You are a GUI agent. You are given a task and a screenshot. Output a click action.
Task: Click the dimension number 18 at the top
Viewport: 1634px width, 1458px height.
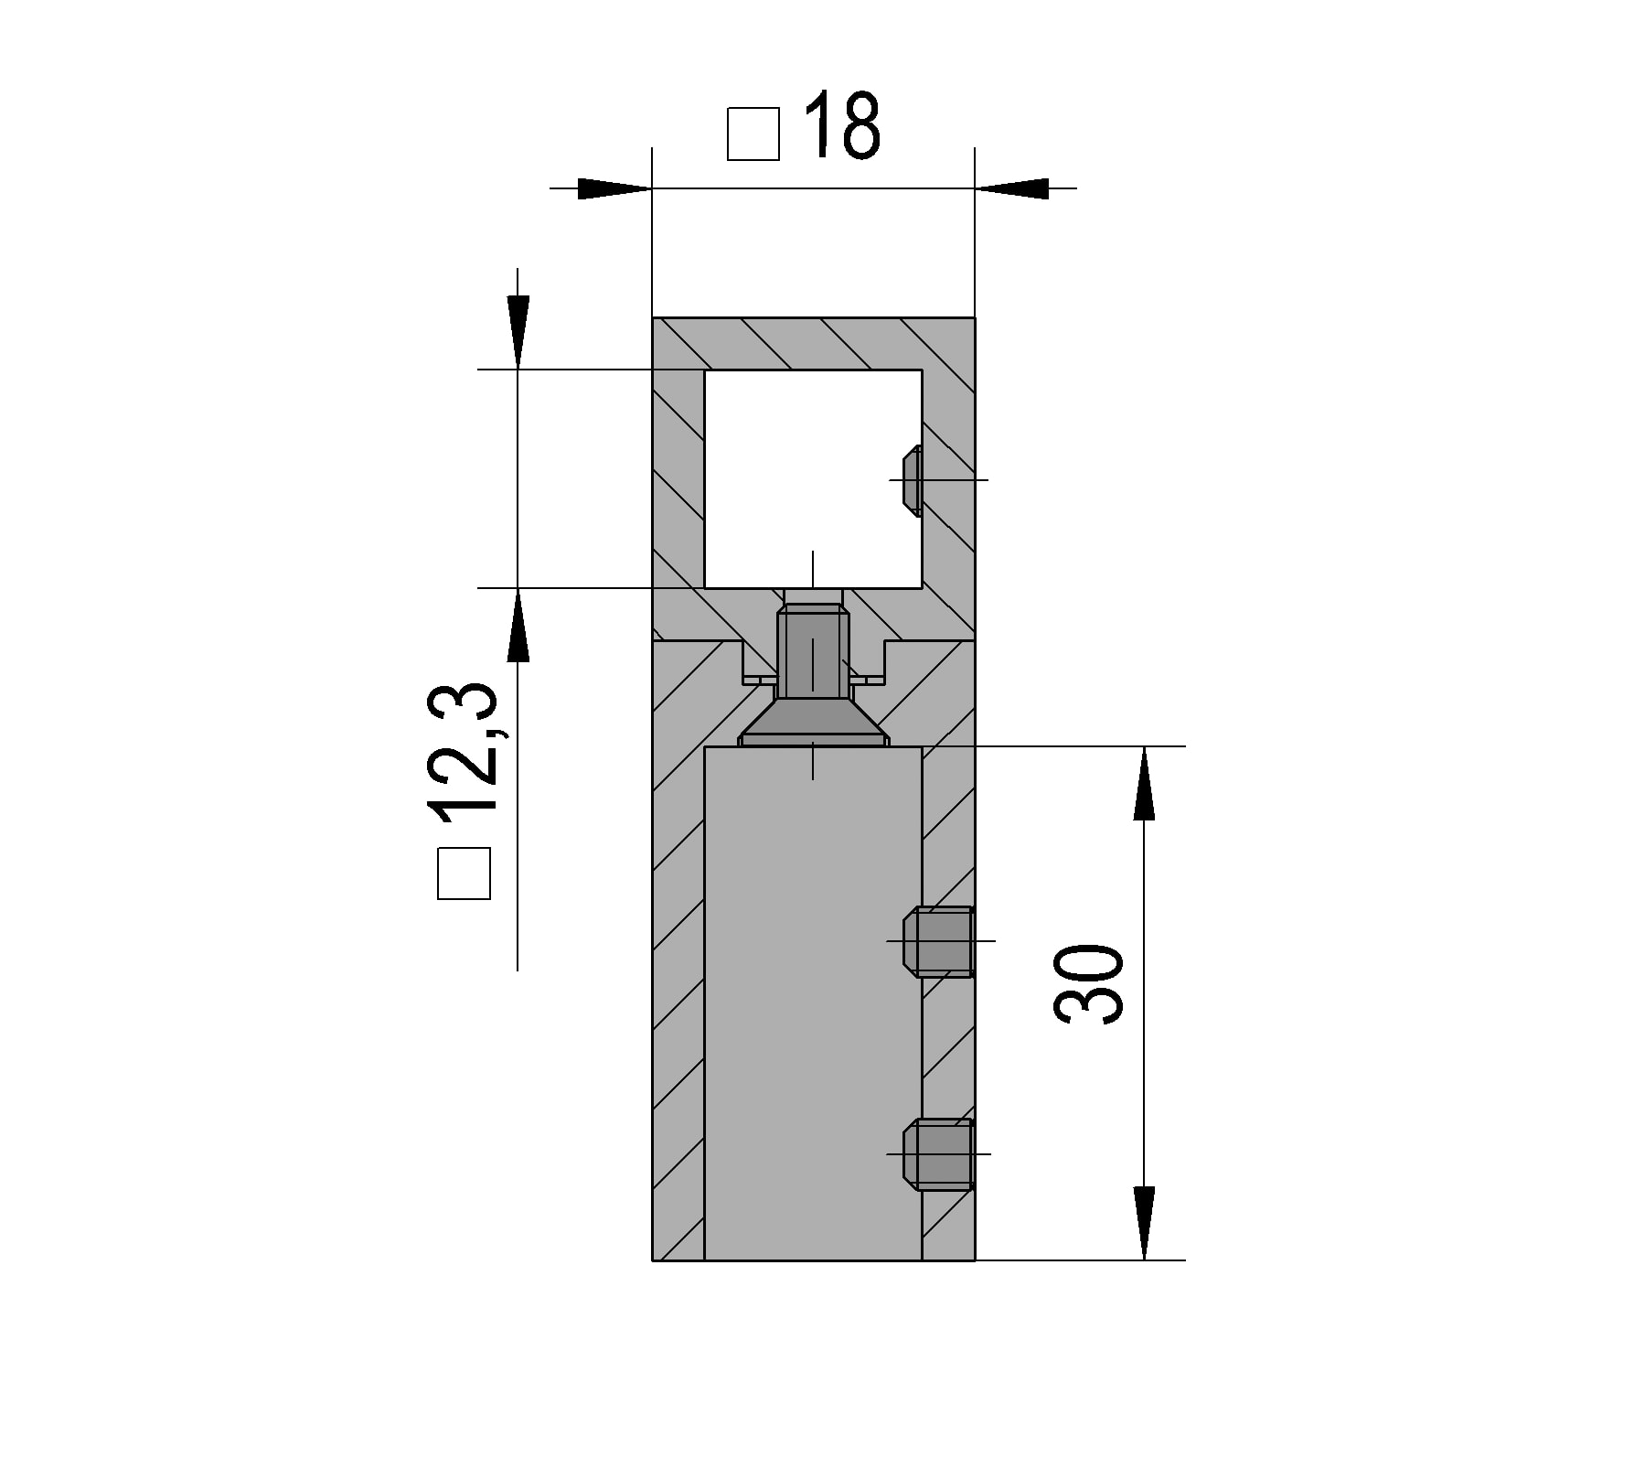coord(842,125)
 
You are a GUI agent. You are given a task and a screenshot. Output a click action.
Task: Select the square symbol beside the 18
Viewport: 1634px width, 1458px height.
coord(753,134)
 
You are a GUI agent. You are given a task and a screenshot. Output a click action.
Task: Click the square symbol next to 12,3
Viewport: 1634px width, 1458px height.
coord(465,874)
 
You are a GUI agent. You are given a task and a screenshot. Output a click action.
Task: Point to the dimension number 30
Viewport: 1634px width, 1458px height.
coord(1089,984)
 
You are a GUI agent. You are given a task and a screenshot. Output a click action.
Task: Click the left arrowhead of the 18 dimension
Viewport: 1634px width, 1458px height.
coord(613,188)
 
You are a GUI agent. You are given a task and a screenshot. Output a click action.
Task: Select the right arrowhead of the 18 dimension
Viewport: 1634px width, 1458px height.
coord(1013,188)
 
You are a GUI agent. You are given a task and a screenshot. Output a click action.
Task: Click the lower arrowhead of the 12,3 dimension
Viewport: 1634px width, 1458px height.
coord(518,626)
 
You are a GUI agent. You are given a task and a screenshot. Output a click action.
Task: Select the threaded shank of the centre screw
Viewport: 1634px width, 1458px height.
coord(813,654)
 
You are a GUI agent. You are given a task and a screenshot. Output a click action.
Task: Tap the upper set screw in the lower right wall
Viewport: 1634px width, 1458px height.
coord(939,941)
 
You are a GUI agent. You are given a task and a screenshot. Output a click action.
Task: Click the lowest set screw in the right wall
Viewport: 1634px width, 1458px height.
coord(939,1154)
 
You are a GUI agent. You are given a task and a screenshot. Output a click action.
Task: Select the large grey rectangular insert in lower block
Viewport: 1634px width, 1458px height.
coord(813,1006)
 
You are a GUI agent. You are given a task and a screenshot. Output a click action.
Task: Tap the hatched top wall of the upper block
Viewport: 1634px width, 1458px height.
coord(813,344)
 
